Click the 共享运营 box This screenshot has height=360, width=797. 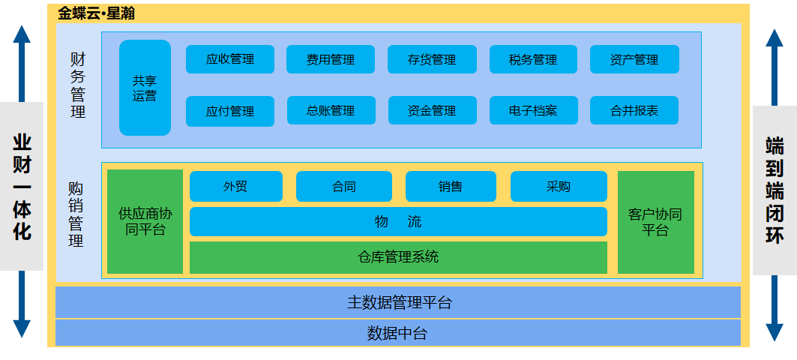pos(145,88)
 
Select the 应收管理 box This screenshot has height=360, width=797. pos(230,59)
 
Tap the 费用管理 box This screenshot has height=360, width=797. pos(331,59)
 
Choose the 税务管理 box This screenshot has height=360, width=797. pos(533,59)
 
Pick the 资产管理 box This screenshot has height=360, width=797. pos(634,59)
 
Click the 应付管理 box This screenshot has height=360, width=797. pos(230,111)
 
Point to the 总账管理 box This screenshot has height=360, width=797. pos(331,110)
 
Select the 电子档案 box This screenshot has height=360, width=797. pos(533,110)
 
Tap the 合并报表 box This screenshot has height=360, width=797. pos(634,110)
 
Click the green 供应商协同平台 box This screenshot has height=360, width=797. pos(145,221)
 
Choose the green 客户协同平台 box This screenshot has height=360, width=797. pos(655,222)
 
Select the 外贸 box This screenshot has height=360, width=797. pos(235,187)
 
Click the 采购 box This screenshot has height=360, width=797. pos(559,187)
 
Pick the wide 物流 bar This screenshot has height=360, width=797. pos(398,222)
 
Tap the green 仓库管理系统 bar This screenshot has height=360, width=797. pos(398,257)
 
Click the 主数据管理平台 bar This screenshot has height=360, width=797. pos(398,302)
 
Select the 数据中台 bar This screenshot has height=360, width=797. pos(398,333)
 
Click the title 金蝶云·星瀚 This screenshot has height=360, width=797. pos(97,13)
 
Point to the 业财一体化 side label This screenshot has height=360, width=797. pos(22,186)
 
